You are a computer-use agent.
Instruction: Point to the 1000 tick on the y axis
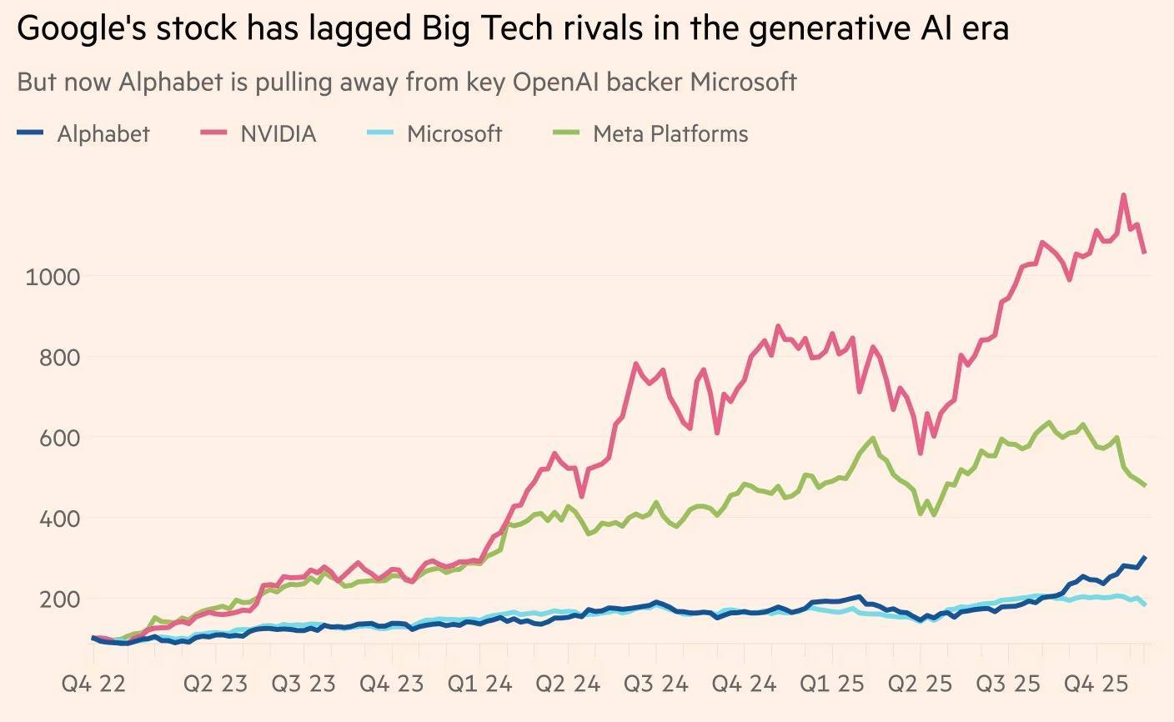[x=53, y=277]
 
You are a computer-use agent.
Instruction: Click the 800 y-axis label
[x=59, y=358]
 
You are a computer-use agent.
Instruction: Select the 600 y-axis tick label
[x=59, y=438]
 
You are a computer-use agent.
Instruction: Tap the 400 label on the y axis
[x=59, y=519]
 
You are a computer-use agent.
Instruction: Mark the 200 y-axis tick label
[x=59, y=599]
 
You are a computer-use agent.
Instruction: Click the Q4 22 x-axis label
[x=93, y=684]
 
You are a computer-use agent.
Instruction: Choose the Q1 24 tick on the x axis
[x=479, y=684]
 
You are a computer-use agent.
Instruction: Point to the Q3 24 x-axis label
[x=656, y=684]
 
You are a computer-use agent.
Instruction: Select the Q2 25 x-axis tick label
[x=920, y=684]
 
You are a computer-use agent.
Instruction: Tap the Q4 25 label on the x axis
[x=1096, y=684]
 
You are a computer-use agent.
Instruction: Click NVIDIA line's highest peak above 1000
[x=1124, y=196]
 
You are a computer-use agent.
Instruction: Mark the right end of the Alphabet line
[x=1145, y=557]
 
